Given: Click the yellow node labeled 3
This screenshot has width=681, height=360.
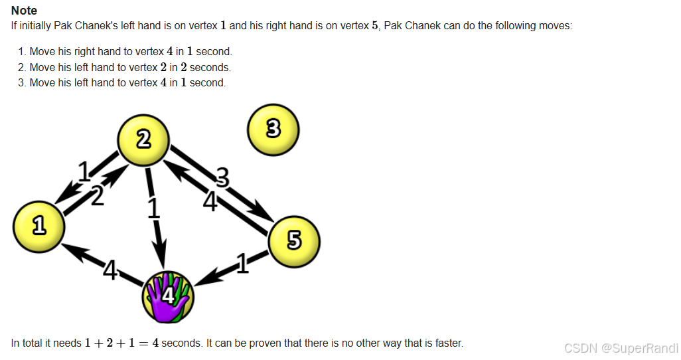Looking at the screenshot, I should (273, 129).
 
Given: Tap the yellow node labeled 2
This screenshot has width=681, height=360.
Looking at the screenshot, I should (143, 139).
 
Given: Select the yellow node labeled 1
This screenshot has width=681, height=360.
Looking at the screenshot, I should (39, 226).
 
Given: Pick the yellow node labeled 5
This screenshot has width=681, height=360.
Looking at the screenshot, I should (294, 240).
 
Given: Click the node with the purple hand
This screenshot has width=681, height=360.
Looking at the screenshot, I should (167, 296).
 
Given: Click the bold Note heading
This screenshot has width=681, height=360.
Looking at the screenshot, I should (24, 11).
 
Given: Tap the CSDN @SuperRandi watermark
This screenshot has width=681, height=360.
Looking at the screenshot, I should (620, 347).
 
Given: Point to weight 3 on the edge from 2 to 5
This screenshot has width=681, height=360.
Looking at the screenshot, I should (222, 177).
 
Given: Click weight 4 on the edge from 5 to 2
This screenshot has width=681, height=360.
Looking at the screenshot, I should (210, 201).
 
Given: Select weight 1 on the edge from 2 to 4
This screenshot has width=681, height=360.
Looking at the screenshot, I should (154, 208).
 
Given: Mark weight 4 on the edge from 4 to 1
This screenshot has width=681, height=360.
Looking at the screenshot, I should (110, 270).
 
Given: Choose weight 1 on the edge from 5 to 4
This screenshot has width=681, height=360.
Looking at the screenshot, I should (242, 264).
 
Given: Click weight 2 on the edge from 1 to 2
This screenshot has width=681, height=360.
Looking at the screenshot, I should (97, 196).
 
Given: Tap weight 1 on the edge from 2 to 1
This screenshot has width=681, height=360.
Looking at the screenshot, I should (84, 173).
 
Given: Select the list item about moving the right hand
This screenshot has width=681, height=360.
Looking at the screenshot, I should (131, 51).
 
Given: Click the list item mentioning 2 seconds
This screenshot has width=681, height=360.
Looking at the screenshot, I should (130, 67).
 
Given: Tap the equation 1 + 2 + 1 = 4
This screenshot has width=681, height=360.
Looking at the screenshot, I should (121, 343).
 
